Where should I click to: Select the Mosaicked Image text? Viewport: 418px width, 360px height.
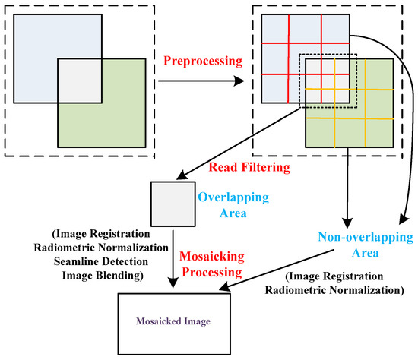(x=173, y=321)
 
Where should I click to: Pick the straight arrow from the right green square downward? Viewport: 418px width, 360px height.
(x=347, y=182)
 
